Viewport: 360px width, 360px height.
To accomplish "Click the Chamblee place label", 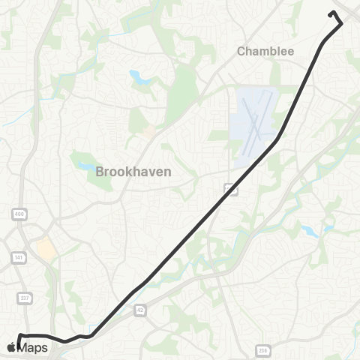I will pos(265,51).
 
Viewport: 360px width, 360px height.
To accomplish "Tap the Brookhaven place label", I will pos(133,171).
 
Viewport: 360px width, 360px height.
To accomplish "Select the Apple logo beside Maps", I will pos(11,346).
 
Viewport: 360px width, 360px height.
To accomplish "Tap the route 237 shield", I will pos(25,298).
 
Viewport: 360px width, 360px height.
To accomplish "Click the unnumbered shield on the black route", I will pos(230,190).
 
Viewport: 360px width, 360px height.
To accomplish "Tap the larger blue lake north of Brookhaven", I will pos(139,76).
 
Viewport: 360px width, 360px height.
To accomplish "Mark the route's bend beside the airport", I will pos(279,139).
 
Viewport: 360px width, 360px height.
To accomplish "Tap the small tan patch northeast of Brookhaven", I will pos(149,131).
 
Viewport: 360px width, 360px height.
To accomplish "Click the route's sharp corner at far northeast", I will pos(341,24).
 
